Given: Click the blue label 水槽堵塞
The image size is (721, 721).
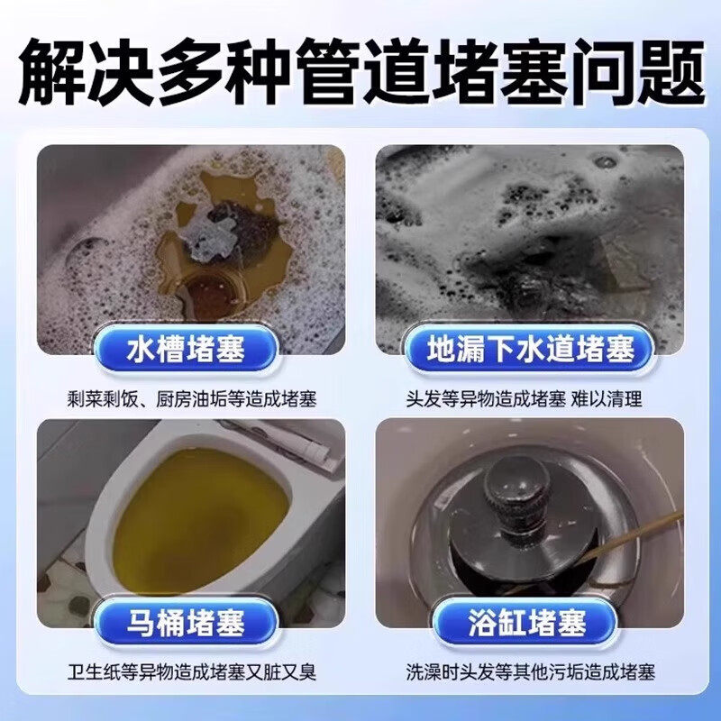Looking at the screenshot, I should pos(190,349).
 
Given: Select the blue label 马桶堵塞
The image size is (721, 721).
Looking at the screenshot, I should pos(190,622).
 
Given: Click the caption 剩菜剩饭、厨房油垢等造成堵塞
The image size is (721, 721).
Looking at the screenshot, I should pos(190,398).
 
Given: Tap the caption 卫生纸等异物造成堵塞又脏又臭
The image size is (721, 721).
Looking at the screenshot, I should pos(190,671).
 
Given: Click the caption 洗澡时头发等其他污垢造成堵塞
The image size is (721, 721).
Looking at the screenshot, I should pos(530,671).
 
